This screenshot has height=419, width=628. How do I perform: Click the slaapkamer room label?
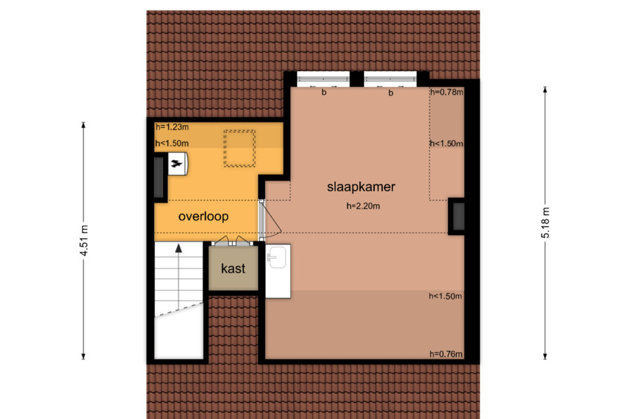coord(361,187)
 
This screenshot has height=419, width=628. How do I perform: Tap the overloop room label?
coord(203,216)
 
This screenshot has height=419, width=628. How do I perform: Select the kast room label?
coord(233,269)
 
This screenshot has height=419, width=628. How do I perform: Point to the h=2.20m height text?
coord(363,206)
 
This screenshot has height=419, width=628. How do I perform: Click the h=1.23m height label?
coord(172,127)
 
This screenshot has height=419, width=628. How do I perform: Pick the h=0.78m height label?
coord(447,92)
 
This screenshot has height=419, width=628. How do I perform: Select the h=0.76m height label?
coord(446,354)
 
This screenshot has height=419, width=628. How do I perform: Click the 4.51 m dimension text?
coord(84,240)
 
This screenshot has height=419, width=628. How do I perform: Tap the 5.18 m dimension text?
coord(545,223)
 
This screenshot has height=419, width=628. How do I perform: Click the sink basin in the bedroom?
coord(277,257)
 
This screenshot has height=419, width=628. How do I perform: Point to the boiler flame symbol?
coord(176,163)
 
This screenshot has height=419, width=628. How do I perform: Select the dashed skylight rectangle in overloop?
coord(239,148)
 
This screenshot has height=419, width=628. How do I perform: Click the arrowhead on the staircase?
coord(178,248)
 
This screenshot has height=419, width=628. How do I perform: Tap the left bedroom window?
coord(323,79)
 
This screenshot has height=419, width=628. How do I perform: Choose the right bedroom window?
coord(390,79)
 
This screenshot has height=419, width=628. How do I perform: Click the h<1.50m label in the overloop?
coord(172,144)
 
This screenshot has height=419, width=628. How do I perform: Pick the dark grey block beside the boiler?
coord(159,178)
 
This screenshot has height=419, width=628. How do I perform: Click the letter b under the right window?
coord(391,93)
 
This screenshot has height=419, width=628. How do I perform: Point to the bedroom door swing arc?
coord(273,236)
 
